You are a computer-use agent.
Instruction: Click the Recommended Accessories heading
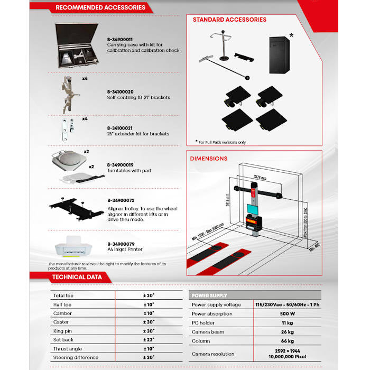coord(100,8)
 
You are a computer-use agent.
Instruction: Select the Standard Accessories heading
coord(229,20)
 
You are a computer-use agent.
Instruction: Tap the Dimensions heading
coord(210,159)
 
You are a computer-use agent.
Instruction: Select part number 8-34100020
coord(120,91)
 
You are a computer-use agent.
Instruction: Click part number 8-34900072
coord(120,201)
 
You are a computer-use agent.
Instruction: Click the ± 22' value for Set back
coord(148,340)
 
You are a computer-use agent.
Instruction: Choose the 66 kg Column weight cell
coord(287,340)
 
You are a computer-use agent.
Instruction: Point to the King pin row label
coord(62,331)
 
